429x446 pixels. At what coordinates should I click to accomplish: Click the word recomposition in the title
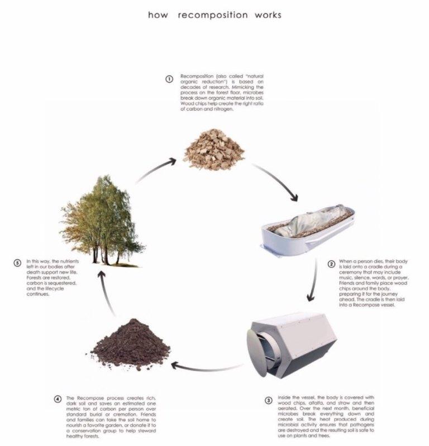213,15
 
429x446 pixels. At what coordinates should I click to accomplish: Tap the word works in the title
268,15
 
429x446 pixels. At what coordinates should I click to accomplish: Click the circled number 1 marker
169,79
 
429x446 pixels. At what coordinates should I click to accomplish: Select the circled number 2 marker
331,264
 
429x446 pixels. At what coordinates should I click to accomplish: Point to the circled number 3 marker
269,400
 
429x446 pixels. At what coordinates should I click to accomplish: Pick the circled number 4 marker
58,399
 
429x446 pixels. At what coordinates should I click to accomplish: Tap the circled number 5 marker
18,263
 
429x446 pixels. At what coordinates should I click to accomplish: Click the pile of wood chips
214,150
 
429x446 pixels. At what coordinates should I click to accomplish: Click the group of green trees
102,222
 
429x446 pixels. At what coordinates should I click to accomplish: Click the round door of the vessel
258,353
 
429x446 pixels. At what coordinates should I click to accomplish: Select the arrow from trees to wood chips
156,170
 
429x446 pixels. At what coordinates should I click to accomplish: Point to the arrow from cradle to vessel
314,280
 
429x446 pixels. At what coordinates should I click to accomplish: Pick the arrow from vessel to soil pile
207,369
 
